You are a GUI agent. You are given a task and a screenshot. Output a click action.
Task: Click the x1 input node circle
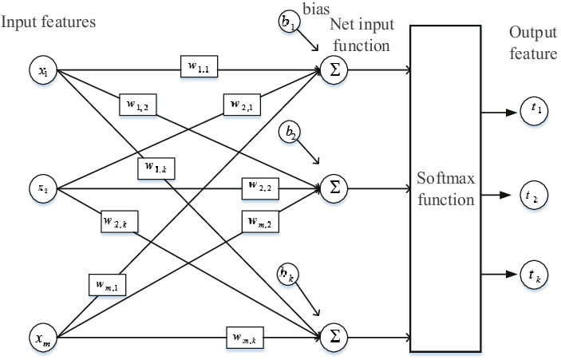click(x=43, y=72)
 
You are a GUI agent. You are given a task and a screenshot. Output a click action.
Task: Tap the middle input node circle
click(x=43, y=190)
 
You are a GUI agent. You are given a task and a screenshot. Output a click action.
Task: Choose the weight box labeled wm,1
click(x=107, y=283)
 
